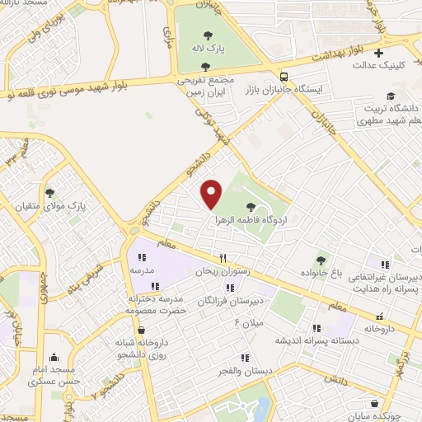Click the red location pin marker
point(212,194)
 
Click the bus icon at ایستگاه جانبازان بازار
point(284,73)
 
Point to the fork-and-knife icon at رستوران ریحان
point(222,257)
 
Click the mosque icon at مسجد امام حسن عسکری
point(54,358)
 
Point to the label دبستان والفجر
point(245,372)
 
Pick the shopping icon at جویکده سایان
point(376,404)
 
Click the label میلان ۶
point(248,321)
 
